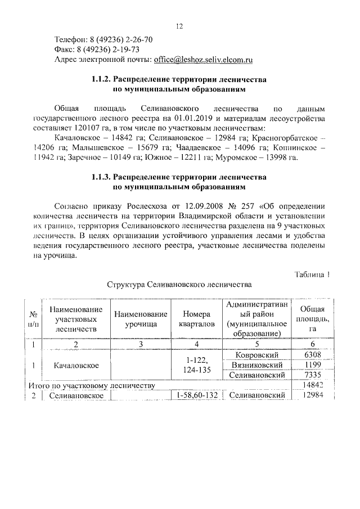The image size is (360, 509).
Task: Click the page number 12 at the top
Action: [x=180, y=26]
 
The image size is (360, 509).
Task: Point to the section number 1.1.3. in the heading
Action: [x=103, y=178]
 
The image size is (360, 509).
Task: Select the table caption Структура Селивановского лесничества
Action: [x=179, y=285]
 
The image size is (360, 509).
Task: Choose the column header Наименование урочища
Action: [x=141, y=319]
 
